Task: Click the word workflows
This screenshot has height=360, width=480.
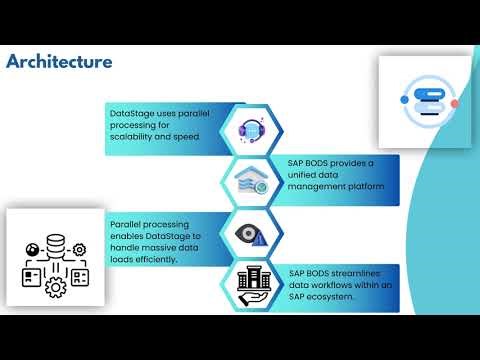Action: pos(330,284)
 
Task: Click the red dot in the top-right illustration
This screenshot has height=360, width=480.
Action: pos(454,103)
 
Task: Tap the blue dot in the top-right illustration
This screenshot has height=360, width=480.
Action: pos(405,100)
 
